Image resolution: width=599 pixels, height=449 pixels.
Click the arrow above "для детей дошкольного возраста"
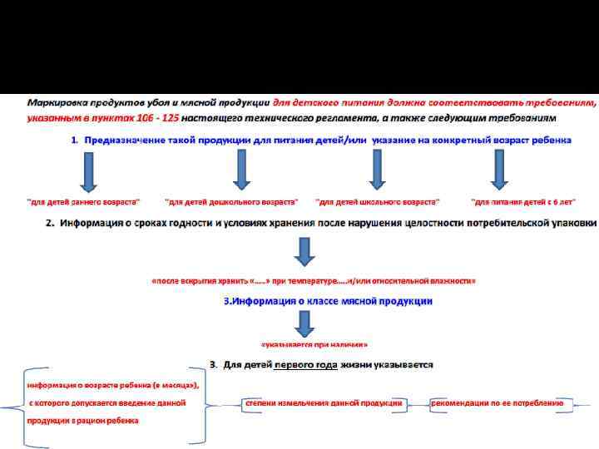pos(241,169)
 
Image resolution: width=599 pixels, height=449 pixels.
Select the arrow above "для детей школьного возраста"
pos(376,169)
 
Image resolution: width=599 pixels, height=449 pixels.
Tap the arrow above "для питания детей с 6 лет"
pos(499,169)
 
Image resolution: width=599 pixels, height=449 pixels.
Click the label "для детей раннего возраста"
pos(84,202)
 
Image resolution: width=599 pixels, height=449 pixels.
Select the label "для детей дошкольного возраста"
pos(231,202)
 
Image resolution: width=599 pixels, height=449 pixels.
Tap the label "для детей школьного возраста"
pos(378,202)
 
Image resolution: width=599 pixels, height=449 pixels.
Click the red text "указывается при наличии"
pos(314,343)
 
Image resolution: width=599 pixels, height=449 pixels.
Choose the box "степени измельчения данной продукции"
pos(324,403)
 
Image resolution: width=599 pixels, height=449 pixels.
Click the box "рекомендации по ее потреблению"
pos(498,403)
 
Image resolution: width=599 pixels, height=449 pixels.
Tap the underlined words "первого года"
pos(304,364)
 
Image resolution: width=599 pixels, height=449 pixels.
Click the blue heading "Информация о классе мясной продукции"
pos(329,300)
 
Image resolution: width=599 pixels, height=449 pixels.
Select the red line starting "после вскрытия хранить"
pos(313,281)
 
